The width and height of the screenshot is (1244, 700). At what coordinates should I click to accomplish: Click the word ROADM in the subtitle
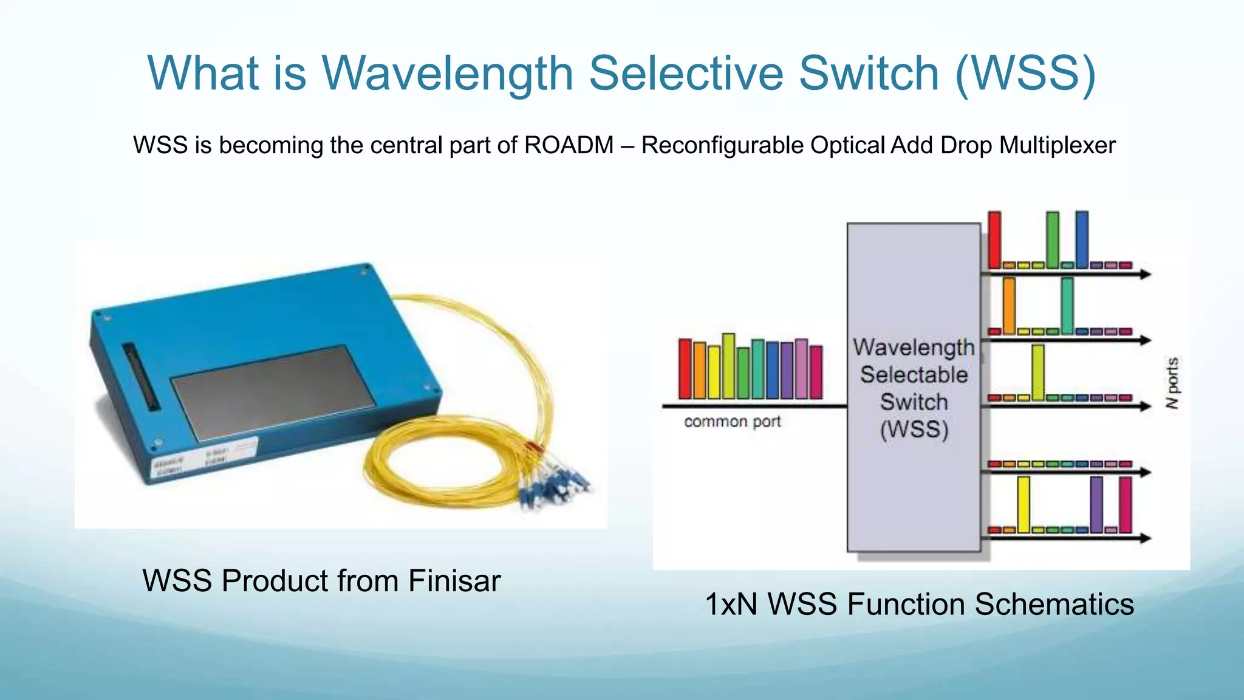pos(569,145)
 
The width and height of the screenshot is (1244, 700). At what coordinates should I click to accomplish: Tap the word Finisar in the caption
pos(454,580)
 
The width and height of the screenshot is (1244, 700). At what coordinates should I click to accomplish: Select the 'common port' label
pos(732,422)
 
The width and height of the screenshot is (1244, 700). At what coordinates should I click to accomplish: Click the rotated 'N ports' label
pos(1173,383)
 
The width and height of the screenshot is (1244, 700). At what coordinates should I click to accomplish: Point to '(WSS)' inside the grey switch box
pos(914,430)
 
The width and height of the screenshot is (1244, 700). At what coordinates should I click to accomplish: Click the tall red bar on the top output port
pos(994,239)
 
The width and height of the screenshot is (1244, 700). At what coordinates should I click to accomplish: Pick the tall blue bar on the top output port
pos(1082,239)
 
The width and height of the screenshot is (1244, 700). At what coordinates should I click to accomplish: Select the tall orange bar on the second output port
pos(1009,305)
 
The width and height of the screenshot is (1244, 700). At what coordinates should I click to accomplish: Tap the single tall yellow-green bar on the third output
pos(1038,372)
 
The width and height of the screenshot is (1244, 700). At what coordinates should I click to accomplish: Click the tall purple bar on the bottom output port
pos(1096,504)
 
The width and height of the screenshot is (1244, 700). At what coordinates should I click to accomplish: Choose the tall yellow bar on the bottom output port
pos(1024,504)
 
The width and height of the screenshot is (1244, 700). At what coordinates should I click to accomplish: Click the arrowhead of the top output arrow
pos(1146,275)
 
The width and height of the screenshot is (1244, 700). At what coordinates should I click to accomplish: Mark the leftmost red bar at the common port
pos(685,369)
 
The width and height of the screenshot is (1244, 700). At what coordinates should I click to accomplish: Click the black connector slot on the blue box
pos(140,376)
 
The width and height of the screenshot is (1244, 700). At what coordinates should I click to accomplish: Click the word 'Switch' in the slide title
pos(869,74)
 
